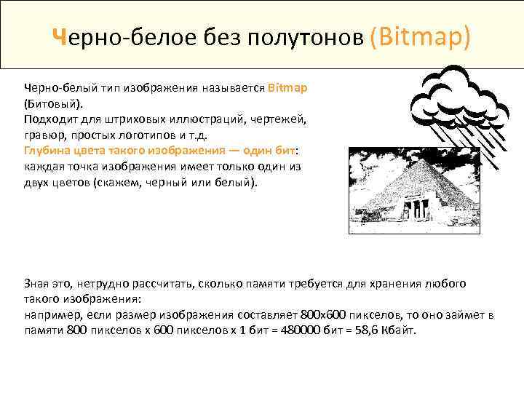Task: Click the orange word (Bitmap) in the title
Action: click(420, 36)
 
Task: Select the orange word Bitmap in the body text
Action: click(287, 87)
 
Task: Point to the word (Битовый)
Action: click(53, 103)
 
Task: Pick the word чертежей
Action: click(280, 119)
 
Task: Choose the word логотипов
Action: click(149, 135)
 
